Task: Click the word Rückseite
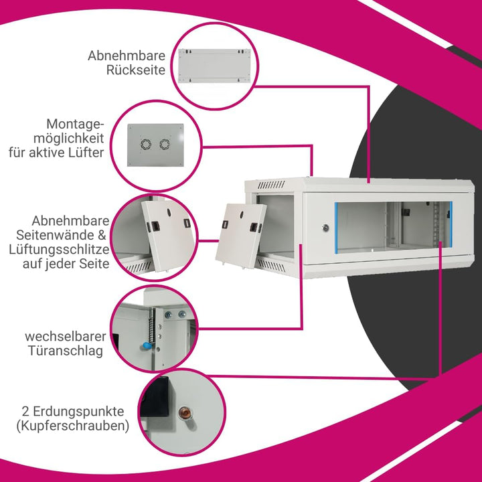(x=135, y=70)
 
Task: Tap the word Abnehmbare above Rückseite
(x=127, y=56)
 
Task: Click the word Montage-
(x=75, y=125)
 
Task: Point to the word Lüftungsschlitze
(x=59, y=249)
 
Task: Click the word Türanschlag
(x=66, y=351)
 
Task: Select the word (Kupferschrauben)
(x=73, y=426)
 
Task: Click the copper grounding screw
(x=185, y=412)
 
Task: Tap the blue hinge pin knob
(x=147, y=347)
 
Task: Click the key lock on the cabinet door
(x=325, y=228)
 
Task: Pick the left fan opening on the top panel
(x=146, y=145)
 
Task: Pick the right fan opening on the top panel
(x=165, y=144)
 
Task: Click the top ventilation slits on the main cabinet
(x=271, y=185)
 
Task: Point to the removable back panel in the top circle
(x=214, y=66)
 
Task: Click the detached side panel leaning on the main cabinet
(x=240, y=236)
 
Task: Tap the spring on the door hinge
(x=151, y=327)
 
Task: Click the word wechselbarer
(x=66, y=336)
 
